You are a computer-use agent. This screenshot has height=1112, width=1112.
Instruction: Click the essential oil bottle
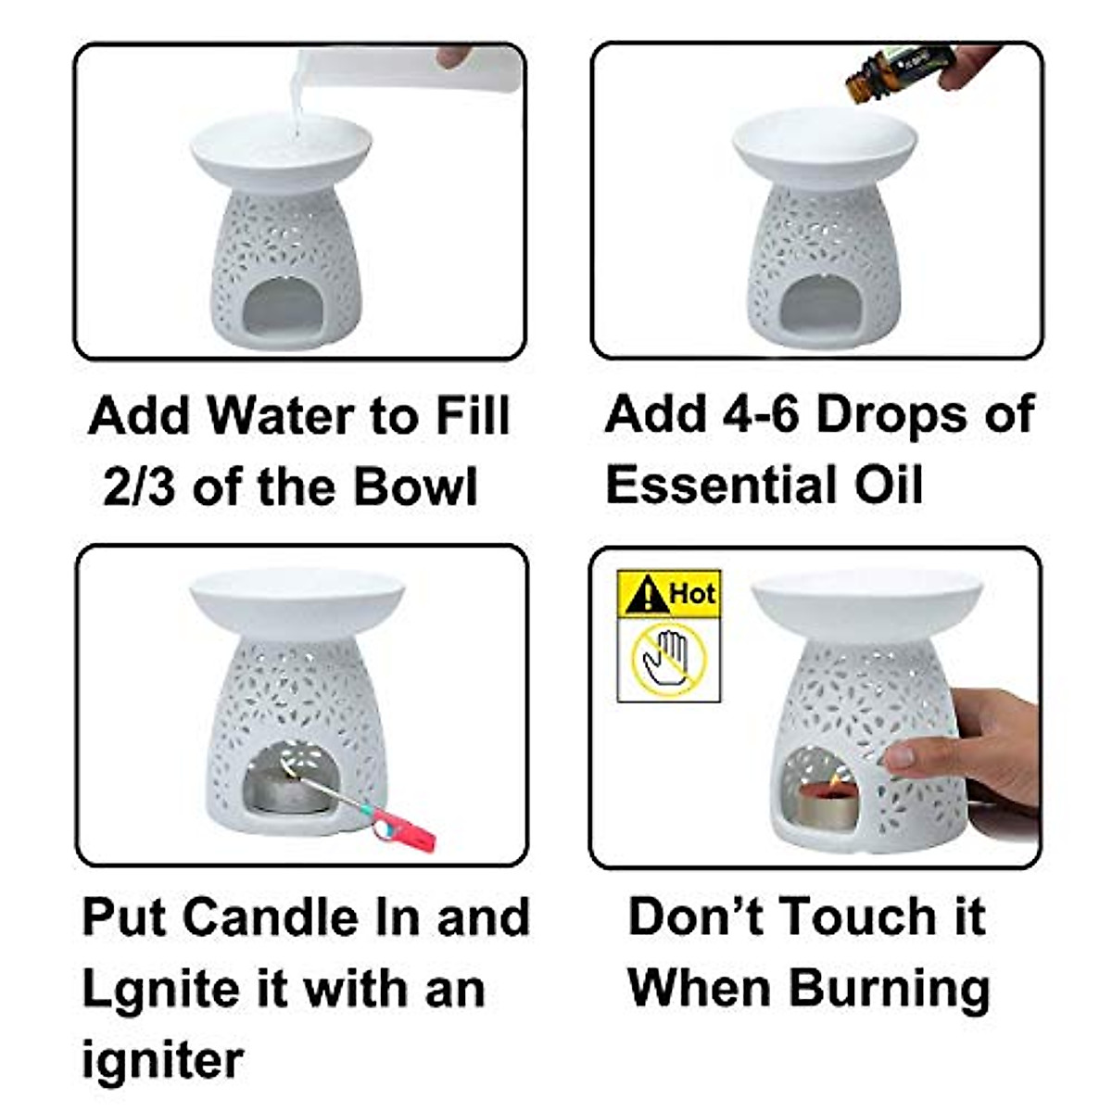coord(897,73)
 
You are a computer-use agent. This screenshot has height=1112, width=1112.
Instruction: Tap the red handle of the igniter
coord(404,828)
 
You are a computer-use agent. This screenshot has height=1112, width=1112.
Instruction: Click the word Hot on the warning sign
coord(692,593)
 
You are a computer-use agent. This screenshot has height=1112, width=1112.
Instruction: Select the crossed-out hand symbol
coord(668,660)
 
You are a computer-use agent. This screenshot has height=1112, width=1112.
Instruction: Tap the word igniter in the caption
coord(162,1059)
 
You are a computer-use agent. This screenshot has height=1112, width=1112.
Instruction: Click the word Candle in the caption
coord(270,917)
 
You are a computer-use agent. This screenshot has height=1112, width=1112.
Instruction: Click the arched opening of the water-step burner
coord(284,306)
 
